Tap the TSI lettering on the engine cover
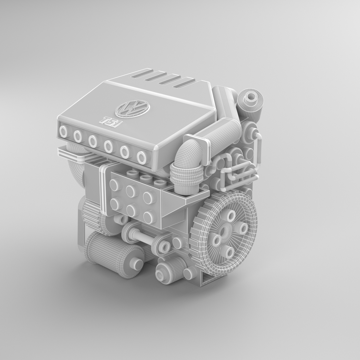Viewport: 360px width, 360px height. [111, 121]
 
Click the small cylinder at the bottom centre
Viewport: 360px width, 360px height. [171, 269]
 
